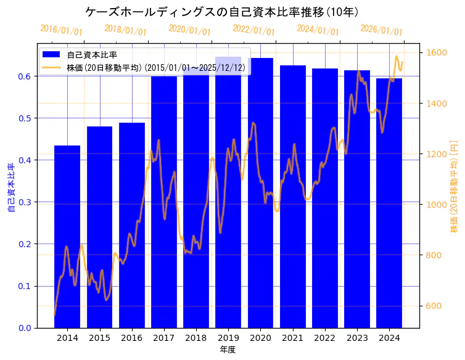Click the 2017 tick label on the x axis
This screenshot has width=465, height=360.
[x=164, y=338]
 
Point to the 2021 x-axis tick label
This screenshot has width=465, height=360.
[x=293, y=338]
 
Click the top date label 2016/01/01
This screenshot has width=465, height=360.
[x=61, y=30]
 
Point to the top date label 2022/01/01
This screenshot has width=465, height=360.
[x=253, y=30]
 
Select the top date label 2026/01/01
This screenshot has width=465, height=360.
[x=381, y=30]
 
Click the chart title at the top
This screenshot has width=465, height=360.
[x=222, y=12]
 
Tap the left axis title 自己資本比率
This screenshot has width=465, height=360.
[x=11, y=187]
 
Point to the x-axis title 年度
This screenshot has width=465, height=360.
[x=228, y=350]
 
